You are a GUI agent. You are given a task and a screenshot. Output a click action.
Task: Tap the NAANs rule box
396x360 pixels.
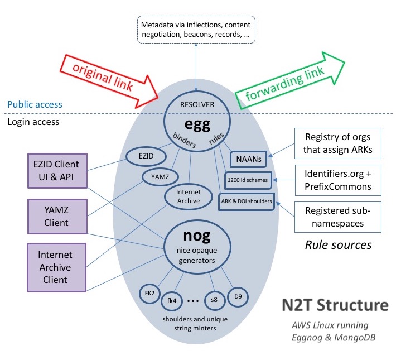click(248, 159)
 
